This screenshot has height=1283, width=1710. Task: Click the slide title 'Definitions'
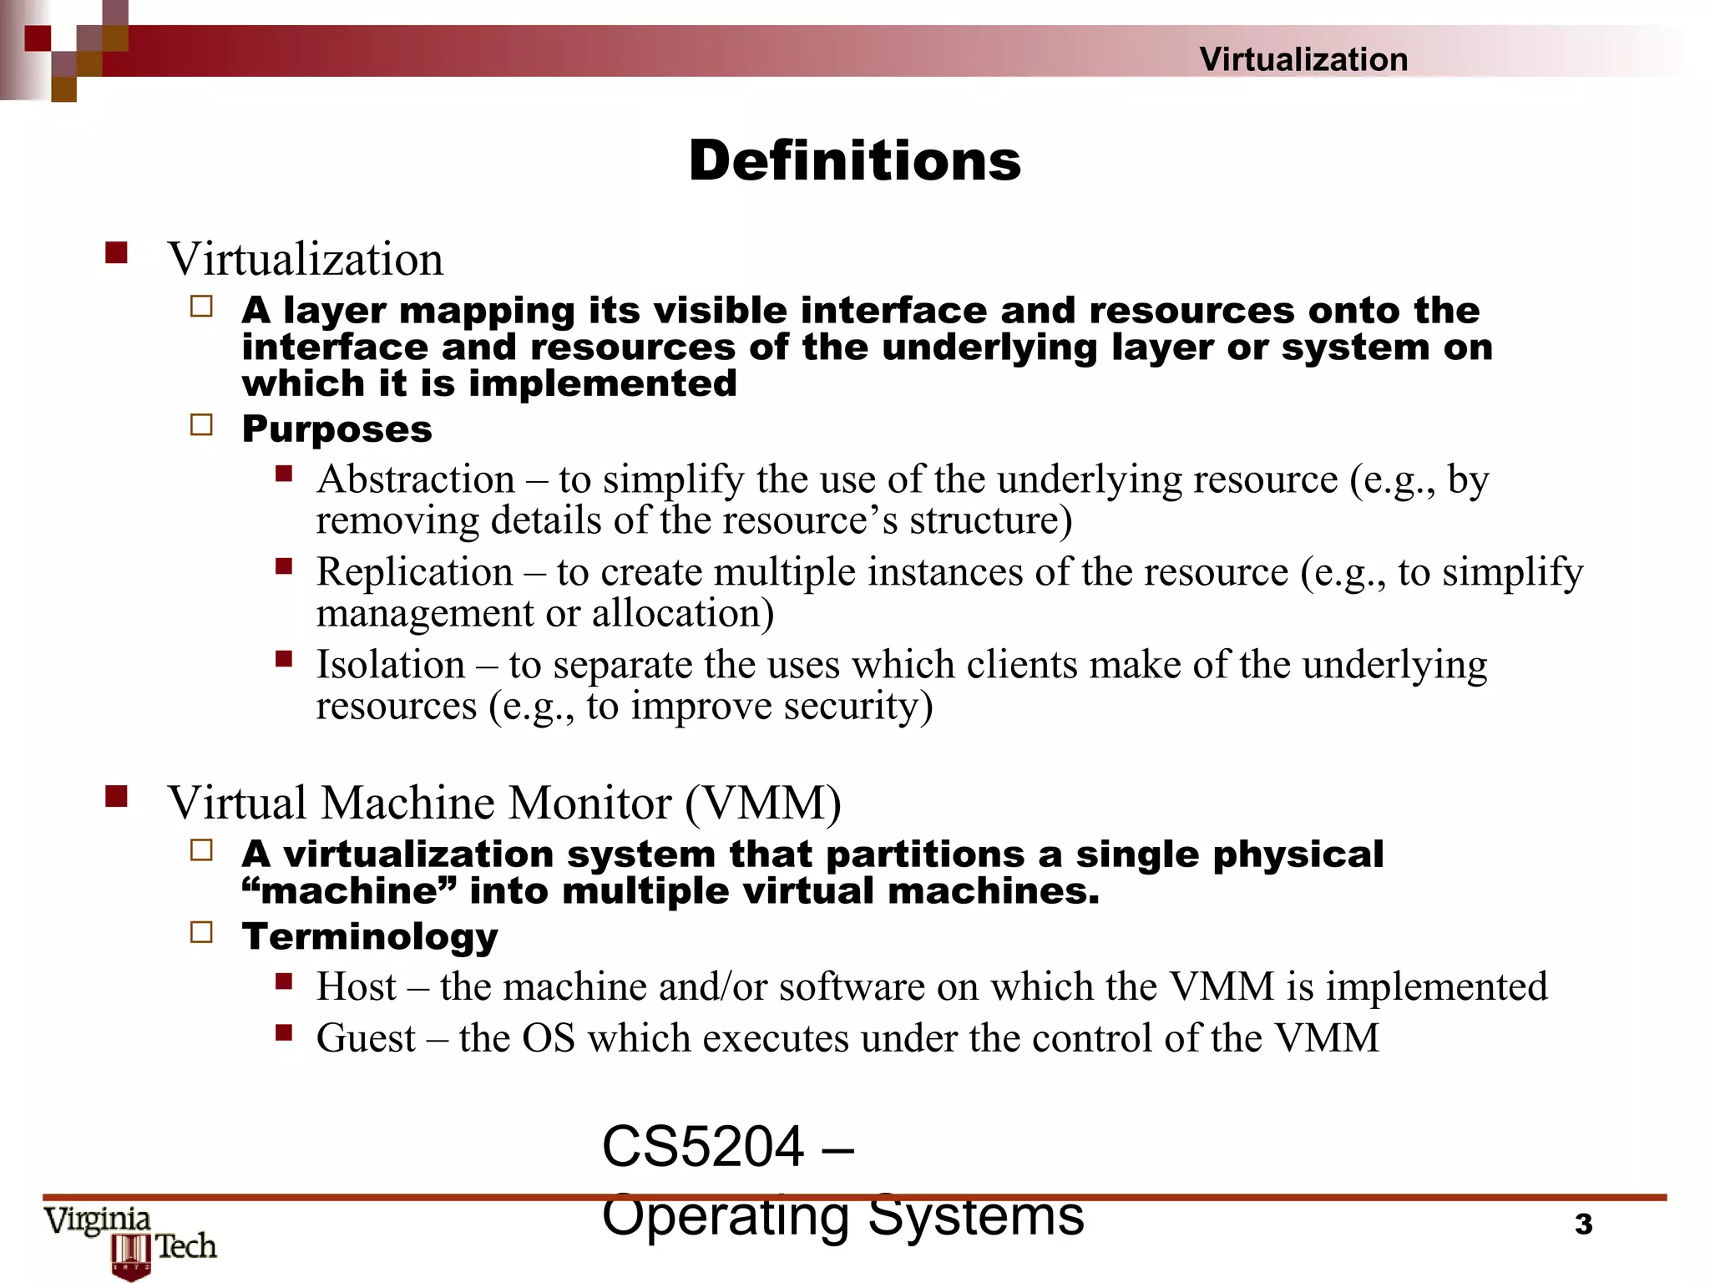(x=854, y=160)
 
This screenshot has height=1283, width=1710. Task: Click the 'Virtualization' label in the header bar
(x=1303, y=59)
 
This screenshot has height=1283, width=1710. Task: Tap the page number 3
(x=1583, y=1224)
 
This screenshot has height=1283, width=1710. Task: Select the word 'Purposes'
(x=336, y=429)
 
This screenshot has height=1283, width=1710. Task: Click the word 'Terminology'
(x=369, y=936)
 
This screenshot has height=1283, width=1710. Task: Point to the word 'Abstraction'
(x=415, y=479)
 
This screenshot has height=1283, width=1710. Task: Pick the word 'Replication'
(x=414, y=572)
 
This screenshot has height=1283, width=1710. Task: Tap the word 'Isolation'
(x=390, y=665)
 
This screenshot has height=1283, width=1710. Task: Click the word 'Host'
(x=356, y=986)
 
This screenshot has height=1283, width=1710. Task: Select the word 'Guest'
(x=366, y=1038)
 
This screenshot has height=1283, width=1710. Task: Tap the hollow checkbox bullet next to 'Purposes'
(x=201, y=425)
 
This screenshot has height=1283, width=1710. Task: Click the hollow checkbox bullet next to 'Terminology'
(x=201, y=932)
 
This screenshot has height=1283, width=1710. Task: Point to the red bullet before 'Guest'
(x=284, y=1033)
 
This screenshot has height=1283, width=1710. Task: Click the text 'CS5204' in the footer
(x=702, y=1147)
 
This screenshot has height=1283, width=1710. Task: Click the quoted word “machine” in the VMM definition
(x=350, y=891)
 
